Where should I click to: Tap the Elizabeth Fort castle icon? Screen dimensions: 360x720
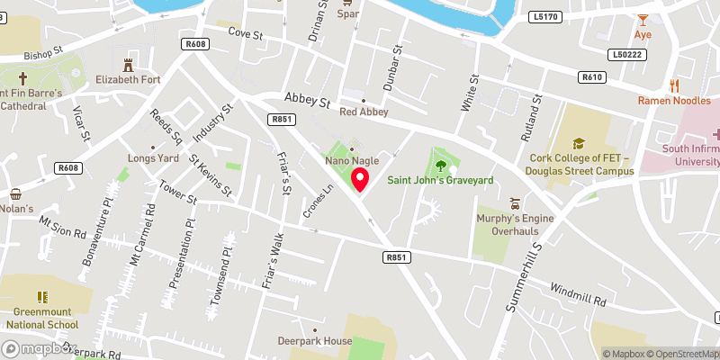(x=128, y=63)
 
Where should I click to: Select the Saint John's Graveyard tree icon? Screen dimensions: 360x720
(x=441, y=165)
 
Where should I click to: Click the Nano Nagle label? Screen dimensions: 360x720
(x=351, y=161)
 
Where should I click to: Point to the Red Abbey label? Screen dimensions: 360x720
(x=364, y=112)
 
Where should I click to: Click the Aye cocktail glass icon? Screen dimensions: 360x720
(x=643, y=19)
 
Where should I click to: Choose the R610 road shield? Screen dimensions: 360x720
(x=591, y=77)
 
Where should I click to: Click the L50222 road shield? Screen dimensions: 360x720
(x=628, y=55)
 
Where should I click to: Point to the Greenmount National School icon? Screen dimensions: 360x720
(x=41, y=296)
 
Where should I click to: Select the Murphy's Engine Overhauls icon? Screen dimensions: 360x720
(x=515, y=202)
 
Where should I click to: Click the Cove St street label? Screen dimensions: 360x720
(x=244, y=33)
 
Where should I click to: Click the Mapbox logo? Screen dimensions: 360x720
(x=36, y=348)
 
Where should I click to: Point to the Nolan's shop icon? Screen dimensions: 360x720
(x=15, y=194)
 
